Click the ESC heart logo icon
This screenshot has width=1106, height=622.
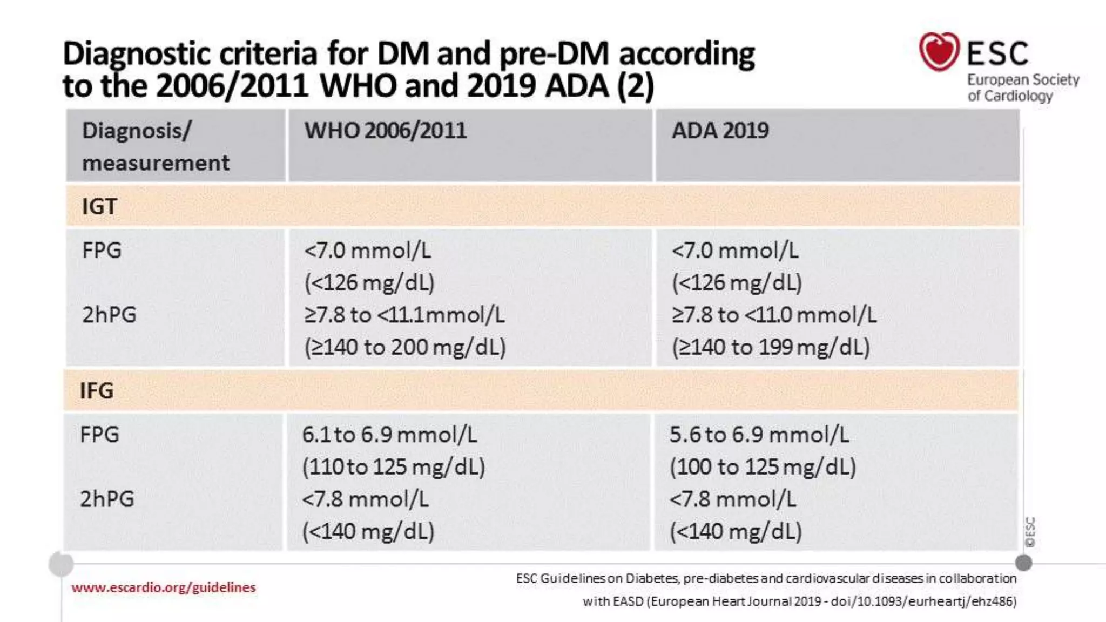coord(939,52)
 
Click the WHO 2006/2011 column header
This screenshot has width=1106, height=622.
coord(385,131)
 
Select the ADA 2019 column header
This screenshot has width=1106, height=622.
coord(720,131)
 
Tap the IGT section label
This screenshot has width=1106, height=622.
coord(99,206)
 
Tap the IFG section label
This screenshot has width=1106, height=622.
coord(97,390)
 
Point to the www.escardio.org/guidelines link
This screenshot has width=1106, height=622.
coord(163,587)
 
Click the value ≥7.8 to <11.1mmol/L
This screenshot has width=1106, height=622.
coord(404,315)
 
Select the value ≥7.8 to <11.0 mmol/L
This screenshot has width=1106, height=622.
coord(774,315)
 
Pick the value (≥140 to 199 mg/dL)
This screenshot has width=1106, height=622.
coord(771,347)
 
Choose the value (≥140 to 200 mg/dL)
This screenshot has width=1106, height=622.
coord(405,347)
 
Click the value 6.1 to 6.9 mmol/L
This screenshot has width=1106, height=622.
coord(389,435)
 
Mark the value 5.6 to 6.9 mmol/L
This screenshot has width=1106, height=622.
coord(759,435)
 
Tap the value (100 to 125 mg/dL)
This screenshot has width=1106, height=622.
coord(763,467)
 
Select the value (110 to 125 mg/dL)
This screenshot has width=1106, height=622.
coord(394,467)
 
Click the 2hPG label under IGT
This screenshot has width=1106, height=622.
coord(109,315)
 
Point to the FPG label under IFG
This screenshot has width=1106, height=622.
coord(99,435)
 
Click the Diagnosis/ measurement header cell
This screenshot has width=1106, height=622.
coord(156,146)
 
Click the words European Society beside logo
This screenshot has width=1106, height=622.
coord(1023,80)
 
